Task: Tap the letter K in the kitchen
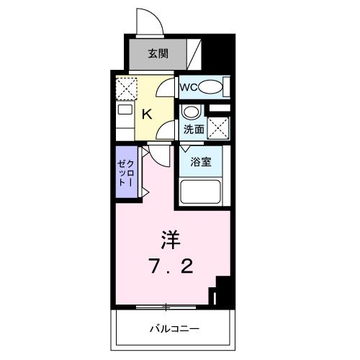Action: [x=145, y=114]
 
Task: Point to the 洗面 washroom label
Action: [x=192, y=130]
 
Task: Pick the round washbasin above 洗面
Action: [x=190, y=112]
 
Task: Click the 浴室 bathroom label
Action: [x=201, y=162]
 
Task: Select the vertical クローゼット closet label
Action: [x=127, y=173]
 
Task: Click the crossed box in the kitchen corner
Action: [x=126, y=88]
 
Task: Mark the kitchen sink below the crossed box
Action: [x=124, y=111]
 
